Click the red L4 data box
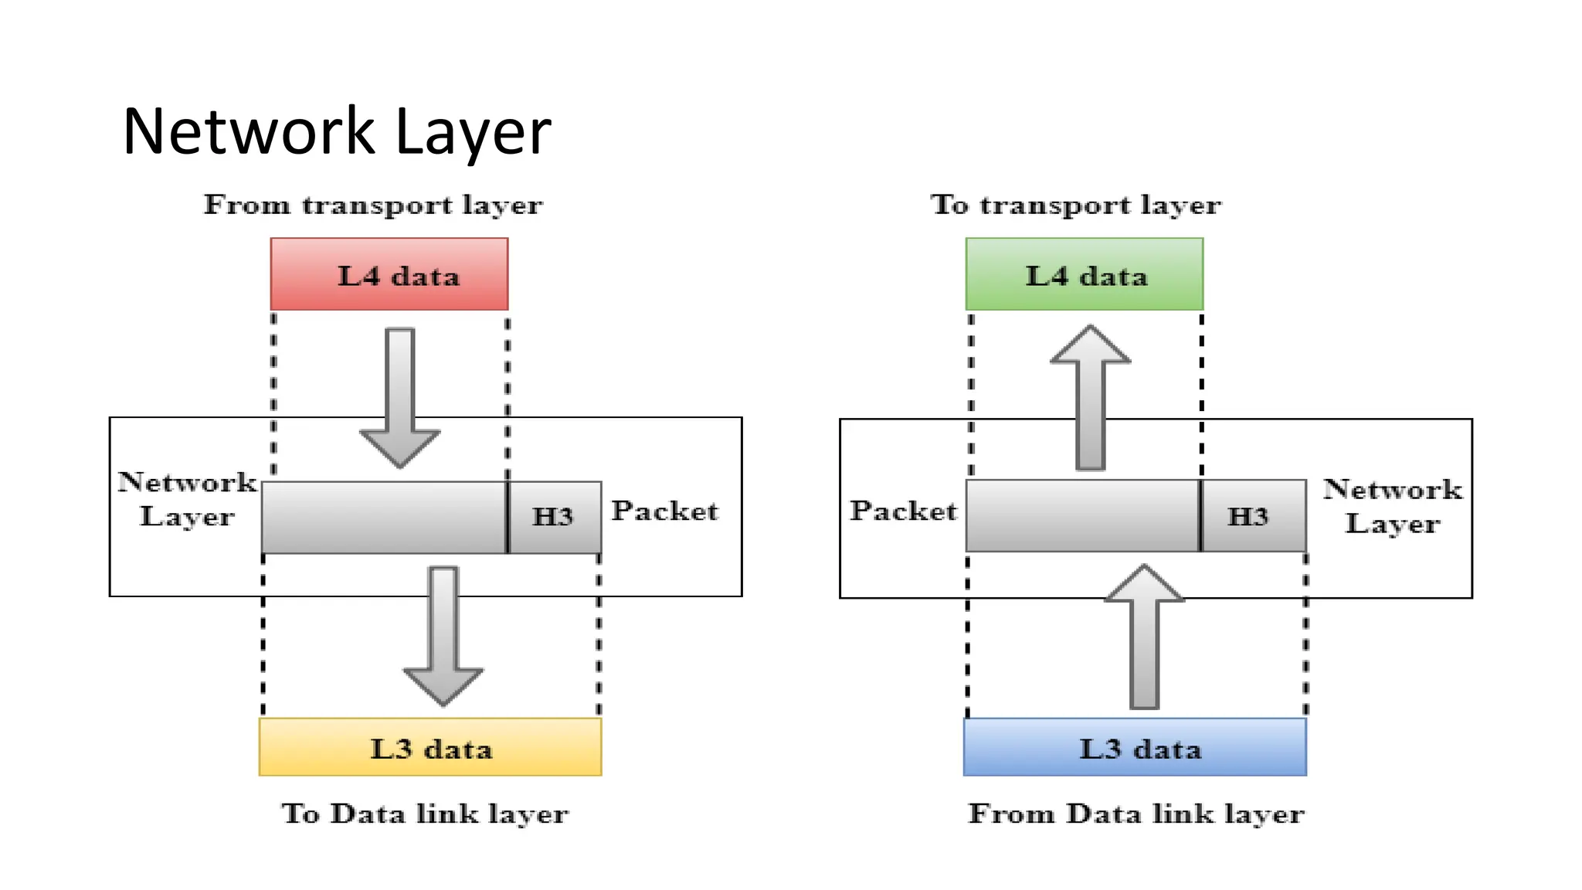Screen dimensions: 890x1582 coord(389,274)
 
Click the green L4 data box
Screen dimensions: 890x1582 coord(1085,274)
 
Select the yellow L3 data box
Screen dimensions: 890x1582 coord(430,747)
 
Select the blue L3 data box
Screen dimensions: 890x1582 coord(1136,747)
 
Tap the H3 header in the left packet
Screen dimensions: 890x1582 coord(554,517)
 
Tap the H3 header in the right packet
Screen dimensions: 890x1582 coord(1251,516)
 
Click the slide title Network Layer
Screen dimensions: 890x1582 coord(337,132)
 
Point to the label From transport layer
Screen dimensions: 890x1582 coord(373,206)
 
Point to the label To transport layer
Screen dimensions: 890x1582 coord(1076,206)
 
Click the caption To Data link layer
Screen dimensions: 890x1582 coord(425,814)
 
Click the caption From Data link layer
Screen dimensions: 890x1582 coord(1136,814)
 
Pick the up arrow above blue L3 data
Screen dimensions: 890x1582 coord(1145,637)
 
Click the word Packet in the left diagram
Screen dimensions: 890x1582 coord(665,511)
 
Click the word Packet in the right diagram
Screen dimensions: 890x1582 coord(903,511)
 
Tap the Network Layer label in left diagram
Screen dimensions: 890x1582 coord(187,499)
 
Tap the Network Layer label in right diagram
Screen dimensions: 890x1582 coord(1393,506)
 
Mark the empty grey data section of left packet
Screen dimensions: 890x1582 coord(384,517)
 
